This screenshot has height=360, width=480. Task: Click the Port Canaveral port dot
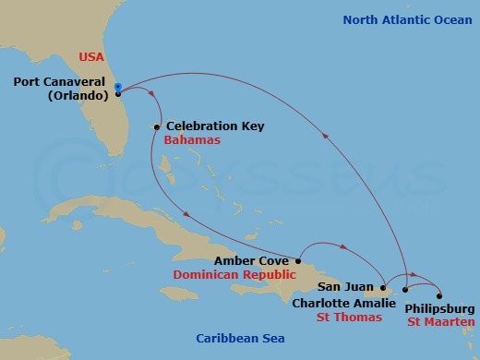click(119, 93)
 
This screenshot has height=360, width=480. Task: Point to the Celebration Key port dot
click(158, 126)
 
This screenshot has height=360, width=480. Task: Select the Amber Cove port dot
click(298, 260)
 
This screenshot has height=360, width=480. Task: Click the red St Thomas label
click(350, 318)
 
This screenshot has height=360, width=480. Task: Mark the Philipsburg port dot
click(440, 295)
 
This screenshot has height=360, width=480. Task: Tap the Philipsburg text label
click(440, 308)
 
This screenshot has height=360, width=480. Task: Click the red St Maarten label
click(441, 322)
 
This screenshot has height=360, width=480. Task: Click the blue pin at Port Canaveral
click(118, 88)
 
